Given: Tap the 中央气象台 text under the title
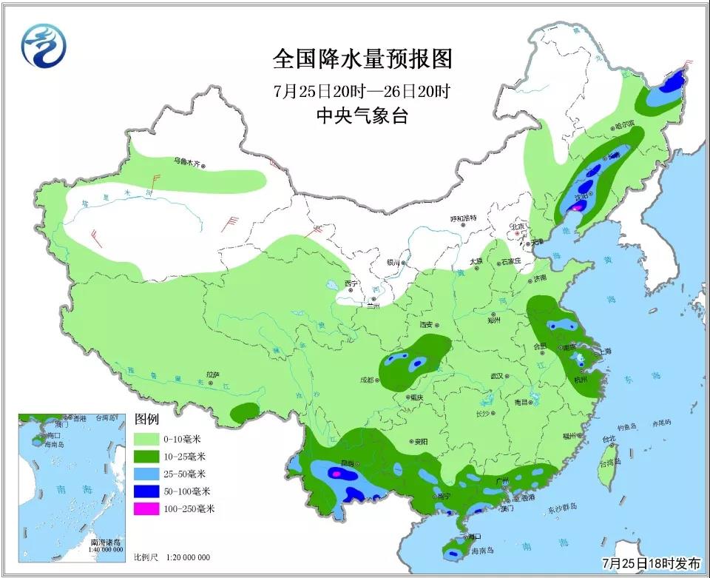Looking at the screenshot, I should coord(362,115).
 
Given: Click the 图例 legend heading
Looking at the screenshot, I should coord(146,419).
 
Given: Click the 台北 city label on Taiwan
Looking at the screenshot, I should coord(609,438).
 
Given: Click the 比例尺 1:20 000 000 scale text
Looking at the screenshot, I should coord(172,557).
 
